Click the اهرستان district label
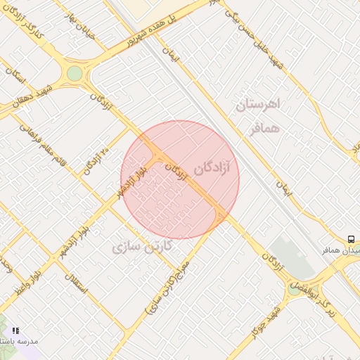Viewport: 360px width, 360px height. (259, 105)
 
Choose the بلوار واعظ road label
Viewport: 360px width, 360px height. (25, 281)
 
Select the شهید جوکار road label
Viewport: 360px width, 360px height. (266, 319)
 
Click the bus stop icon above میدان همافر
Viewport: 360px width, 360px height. (351, 240)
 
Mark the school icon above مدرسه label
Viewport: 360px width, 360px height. (15, 330)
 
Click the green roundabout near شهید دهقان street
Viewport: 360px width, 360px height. (75, 74)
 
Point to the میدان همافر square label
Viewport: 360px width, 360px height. (342, 250)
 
